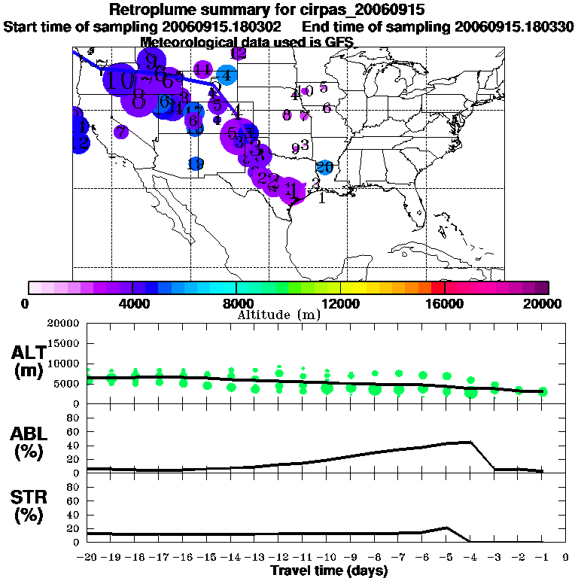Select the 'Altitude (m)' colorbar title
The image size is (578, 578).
tap(278, 315)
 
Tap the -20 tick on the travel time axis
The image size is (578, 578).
tap(88, 558)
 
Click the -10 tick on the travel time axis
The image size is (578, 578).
tap(327, 558)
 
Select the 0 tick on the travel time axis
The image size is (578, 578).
tap(565, 558)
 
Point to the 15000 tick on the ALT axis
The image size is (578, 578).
tap(67, 343)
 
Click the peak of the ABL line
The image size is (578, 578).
tap(470, 442)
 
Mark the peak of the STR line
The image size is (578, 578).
tap(446, 528)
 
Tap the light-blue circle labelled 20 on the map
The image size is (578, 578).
tap(324, 166)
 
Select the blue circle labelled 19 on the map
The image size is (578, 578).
tap(196, 163)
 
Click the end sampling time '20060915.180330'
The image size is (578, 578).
tap(514, 26)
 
